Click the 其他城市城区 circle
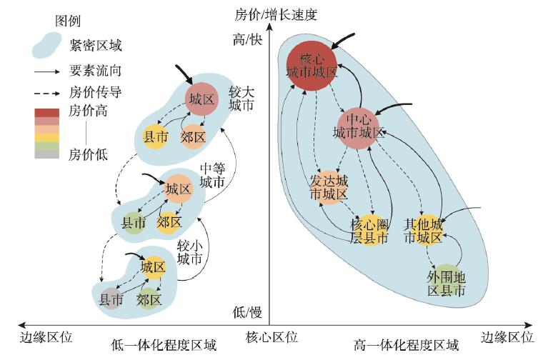click(425, 230)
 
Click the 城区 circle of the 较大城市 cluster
click(201, 99)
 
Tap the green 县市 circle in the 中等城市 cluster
click(133, 223)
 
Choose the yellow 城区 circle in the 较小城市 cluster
click(152, 267)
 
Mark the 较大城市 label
click(240, 99)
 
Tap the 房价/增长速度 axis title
click(275, 13)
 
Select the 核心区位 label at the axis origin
click(271, 336)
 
